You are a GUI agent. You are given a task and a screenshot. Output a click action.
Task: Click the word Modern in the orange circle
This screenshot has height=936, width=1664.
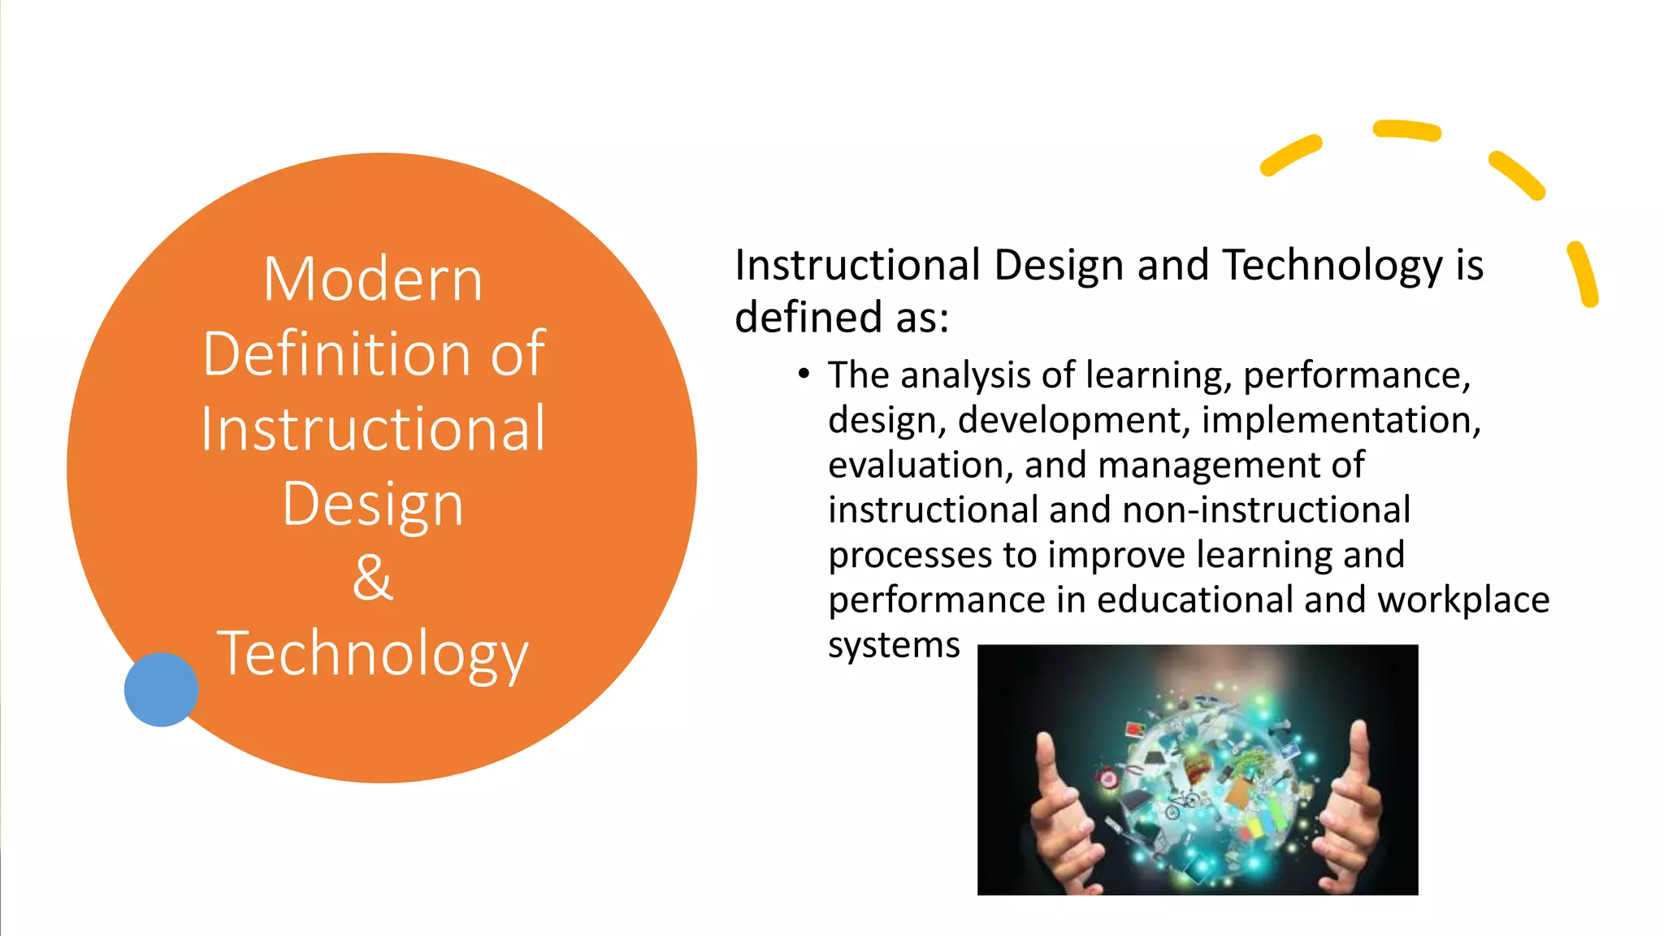pyautogui.click(x=373, y=279)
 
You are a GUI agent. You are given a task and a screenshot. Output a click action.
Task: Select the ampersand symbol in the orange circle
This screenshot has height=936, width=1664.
pyautogui.click(x=373, y=578)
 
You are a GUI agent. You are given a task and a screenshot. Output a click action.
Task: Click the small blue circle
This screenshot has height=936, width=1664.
pyautogui.click(x=161, y=689)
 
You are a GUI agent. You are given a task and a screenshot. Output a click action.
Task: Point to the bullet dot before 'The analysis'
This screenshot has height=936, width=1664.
pyautogui.click(x=804, y=374)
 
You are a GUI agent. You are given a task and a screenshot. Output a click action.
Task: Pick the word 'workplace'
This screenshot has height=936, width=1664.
pyautogui.click(x=1463, y=600)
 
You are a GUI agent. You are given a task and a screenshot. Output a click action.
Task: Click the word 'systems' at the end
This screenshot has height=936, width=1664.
pyautogui.click(x=894, y=646)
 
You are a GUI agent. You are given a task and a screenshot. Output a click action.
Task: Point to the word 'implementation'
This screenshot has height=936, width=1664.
pyautogui.click(x=1340, y=420)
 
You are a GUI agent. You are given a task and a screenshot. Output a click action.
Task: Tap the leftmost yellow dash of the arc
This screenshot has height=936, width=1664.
pyautogui.click(x=1290, y=155)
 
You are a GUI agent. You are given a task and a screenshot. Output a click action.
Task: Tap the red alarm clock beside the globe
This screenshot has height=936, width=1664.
pyautogui.click(x=1107, y=779)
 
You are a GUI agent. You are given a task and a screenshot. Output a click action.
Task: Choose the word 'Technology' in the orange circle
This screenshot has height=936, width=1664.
pyautogui.click(x=373, y=654)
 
